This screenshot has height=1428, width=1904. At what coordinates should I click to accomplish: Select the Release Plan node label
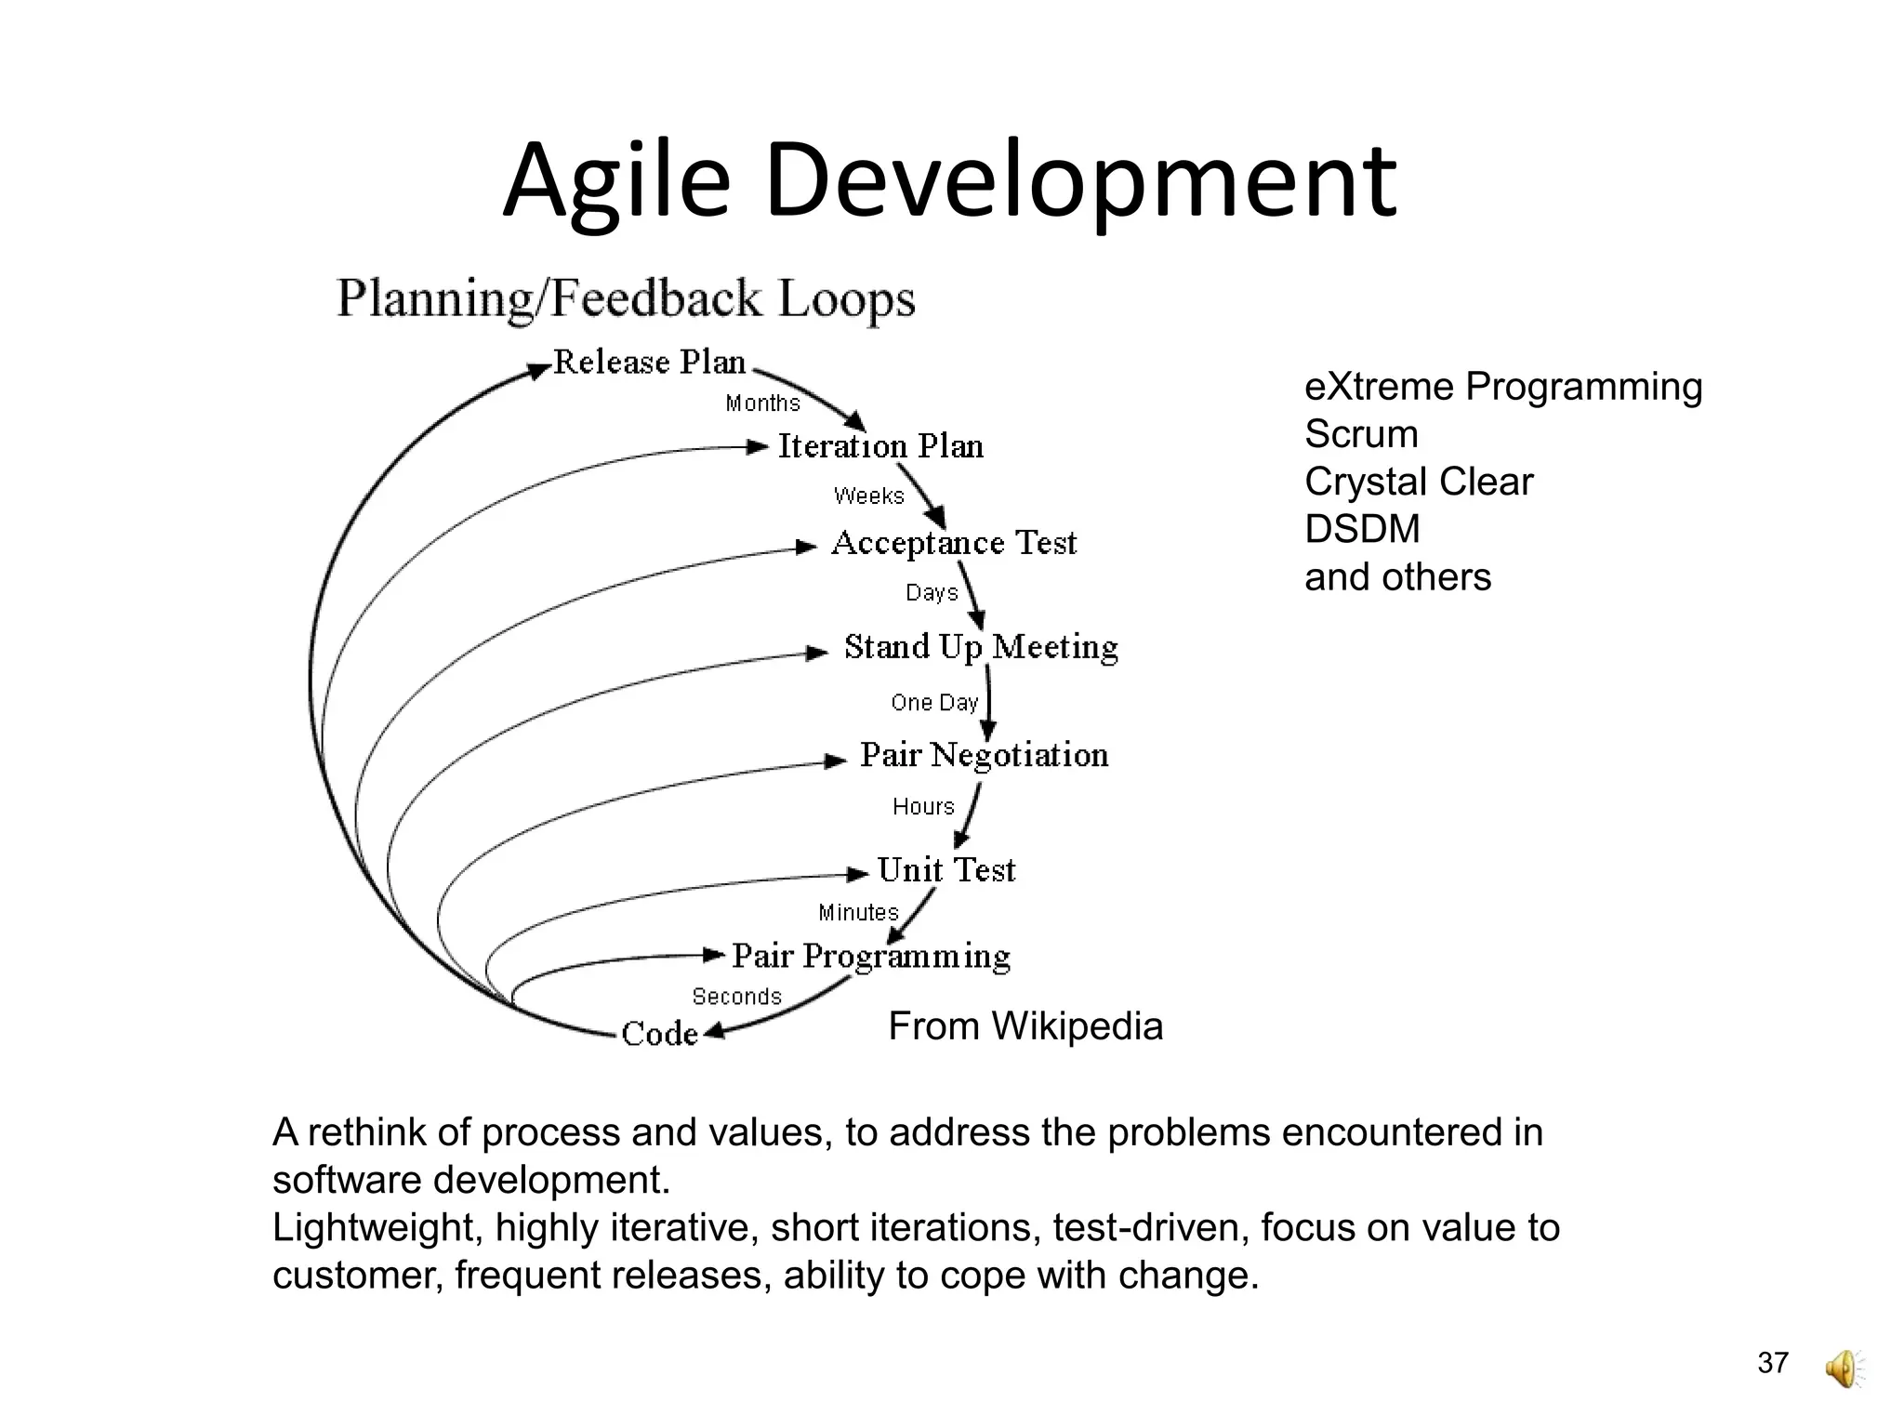649,362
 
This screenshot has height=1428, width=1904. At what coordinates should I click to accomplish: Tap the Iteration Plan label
879,446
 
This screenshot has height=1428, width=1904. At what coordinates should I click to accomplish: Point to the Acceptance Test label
954,543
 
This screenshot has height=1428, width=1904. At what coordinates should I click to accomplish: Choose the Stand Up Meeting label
981,647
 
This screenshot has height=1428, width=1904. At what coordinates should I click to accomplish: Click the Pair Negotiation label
984,755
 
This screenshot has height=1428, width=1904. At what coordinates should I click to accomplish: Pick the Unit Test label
946,870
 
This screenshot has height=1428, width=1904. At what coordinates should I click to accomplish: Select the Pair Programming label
871,957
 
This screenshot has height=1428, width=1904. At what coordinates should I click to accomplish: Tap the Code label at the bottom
659,1034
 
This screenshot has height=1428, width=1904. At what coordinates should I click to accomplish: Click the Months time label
762,403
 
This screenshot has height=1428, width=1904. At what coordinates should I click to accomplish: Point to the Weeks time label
868,496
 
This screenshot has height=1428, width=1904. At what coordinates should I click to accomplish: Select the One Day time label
934,703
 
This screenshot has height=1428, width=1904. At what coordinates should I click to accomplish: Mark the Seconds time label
736,997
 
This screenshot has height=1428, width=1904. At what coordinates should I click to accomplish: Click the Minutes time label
858,913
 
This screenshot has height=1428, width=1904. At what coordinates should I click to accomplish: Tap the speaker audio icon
1844,1369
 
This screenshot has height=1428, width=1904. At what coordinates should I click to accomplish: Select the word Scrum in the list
1361,434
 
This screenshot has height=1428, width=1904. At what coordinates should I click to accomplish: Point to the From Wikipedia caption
1025,1026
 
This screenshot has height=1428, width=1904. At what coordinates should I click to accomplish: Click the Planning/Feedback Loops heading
626,299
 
